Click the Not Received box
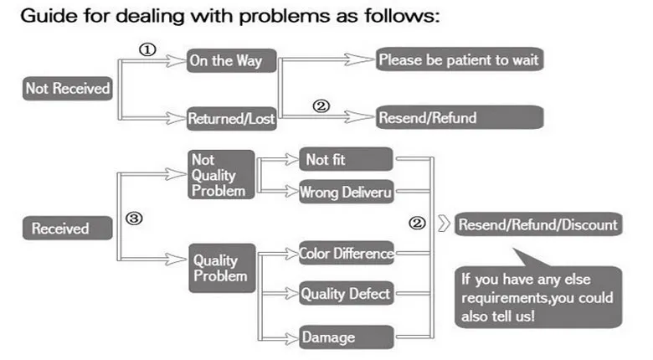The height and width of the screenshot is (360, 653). (68, 89)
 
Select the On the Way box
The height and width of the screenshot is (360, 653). (232, 61)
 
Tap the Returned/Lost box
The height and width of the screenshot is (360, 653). (232, 119)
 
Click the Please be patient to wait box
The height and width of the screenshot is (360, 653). (460, 59)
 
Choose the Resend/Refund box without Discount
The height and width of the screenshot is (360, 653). (460, 117)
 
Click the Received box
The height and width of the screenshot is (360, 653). (68, 228)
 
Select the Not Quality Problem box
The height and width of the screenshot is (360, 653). (221, 175)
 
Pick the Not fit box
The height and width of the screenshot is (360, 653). (346, 159)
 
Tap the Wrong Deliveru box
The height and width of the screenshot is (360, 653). (347, 192)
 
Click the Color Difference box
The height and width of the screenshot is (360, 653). (347, 253)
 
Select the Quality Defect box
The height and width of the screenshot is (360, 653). (347, 293)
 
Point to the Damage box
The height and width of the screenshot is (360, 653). (347, 337)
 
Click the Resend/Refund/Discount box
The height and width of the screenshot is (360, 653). (538, 224)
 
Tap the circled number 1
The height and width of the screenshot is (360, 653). (147, 50)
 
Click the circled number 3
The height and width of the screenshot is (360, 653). (134, 219)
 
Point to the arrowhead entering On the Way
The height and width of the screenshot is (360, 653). (176, 61)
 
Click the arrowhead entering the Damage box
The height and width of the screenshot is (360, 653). (291, 338)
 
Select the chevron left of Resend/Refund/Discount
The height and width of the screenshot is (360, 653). (445, 224)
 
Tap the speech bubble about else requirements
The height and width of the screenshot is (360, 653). (538, 291)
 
